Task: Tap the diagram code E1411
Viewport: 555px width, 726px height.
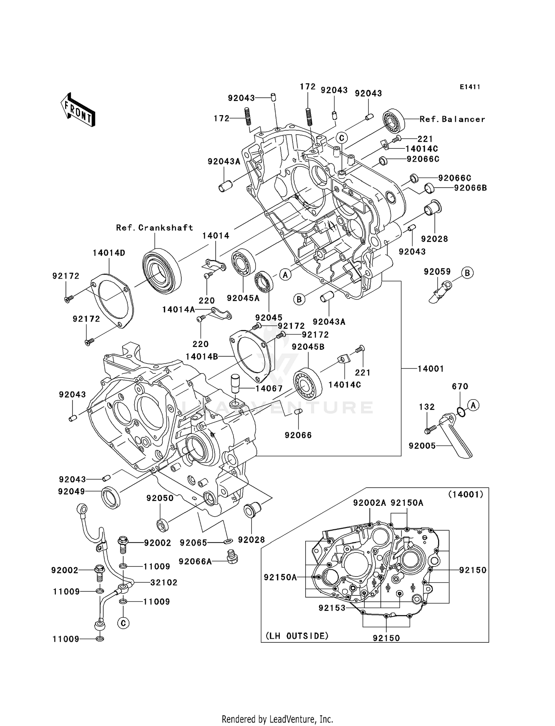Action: [470, 87]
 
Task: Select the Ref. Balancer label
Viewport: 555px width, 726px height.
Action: [452, 119]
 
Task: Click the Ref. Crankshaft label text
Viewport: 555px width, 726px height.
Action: [155, 228]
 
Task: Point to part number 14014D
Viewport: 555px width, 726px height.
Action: [109, 253]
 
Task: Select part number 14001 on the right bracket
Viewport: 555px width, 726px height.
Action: [431, 369]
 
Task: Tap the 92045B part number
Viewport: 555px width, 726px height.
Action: [308, 347]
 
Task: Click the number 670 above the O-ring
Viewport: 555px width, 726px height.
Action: [460, 386]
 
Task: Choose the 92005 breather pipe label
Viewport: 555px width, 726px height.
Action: [422, 446]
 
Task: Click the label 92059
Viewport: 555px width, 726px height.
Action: [437, 272]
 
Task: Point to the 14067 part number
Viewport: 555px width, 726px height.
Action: [269, 389]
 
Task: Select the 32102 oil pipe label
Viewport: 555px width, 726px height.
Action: [164, 582]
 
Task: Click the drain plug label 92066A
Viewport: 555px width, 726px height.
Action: [195, 562]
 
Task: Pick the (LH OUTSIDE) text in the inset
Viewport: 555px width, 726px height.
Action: [297, 636]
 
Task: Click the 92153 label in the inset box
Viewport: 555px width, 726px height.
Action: [332, 608]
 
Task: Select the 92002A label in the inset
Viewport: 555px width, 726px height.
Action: [369, 503]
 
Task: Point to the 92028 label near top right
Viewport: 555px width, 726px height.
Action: [434, 239]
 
